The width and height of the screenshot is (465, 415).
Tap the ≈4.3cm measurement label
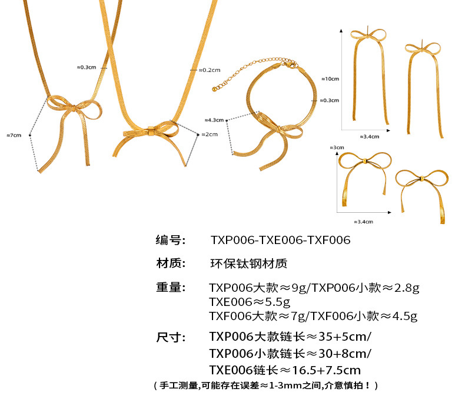click(x=214, y=120)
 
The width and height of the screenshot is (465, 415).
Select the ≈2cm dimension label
click(x=209, y=134)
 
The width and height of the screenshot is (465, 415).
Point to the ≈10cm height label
click(x=330, y=78)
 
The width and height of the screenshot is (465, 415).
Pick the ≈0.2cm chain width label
click(x=208, y=70)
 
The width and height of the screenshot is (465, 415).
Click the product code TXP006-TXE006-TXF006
click(x=280, y=241)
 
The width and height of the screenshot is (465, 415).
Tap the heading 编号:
click(x=171, y=241)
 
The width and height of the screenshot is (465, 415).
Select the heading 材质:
click(x=171, y=264)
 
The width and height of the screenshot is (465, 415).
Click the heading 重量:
click(x=171, y=288)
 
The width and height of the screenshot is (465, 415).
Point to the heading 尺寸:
click(x=171, y=338)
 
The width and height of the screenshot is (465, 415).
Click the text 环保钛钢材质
click(x=248, y=264)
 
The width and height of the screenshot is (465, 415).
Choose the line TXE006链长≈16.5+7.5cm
click(x=285, y=370)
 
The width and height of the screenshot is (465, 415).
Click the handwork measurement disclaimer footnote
click(x=265, y=386)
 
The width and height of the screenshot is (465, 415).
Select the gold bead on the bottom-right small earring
click(x=421, y=178)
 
